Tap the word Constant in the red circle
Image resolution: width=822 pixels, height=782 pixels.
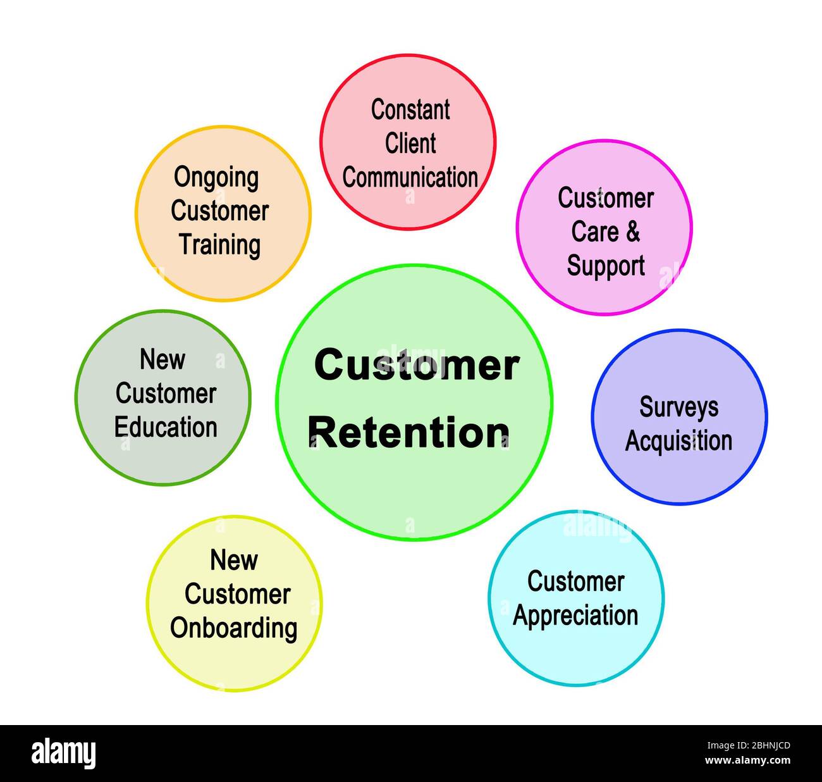[x=410, y=109]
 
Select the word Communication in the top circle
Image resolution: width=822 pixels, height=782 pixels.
[x=410, y=177]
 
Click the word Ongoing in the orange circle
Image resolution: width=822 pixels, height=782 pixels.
[x=216, y=178]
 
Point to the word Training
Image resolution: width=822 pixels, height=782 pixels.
[x=219, y=245]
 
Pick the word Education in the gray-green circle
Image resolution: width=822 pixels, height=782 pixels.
[x=166, y=427]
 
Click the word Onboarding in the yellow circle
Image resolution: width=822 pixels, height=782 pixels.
[x=233, y=628]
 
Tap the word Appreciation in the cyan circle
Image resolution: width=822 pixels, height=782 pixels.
[x=575, y=616]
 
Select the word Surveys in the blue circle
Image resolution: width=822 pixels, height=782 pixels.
[x=678, y=407]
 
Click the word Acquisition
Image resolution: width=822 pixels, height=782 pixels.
[x=678, y=441]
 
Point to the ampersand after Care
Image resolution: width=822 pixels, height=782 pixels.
[x=632, y=232]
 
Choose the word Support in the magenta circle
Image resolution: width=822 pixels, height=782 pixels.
[x=606, y=266]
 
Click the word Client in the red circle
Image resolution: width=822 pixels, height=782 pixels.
[x=410, y=144]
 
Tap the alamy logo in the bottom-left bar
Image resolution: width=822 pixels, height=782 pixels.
[x=64, y=754]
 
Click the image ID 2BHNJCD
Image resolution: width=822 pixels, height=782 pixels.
[x=756, y=746]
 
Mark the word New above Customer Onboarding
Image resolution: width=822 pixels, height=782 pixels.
[x=234, y=560]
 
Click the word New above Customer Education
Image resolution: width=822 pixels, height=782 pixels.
[x=163, y=359]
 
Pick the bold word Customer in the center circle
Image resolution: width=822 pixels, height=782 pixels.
[x=417, y=365]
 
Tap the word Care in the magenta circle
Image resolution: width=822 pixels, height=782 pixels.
[x=594, y=232]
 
